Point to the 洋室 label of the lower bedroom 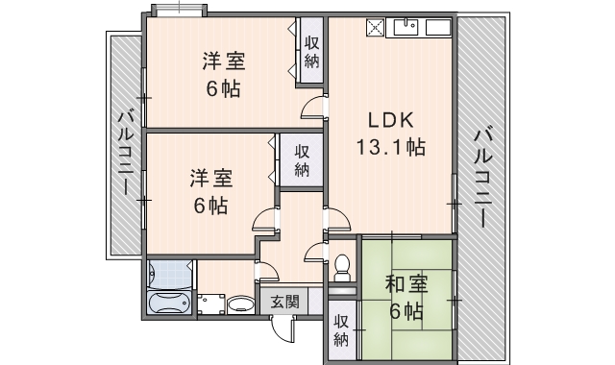[x=209, y=178]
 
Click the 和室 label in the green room [x=406, y=284]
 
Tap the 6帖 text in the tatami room [x=406, y=311]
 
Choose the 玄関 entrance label [x=284, y=301]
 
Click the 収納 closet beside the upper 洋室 [x=312, y=51]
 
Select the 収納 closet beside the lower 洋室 [x=302, y=160]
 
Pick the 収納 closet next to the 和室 [x=341, y=330]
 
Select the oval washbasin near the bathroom [x=241, y=305]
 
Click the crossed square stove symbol [x=374, y=27]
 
